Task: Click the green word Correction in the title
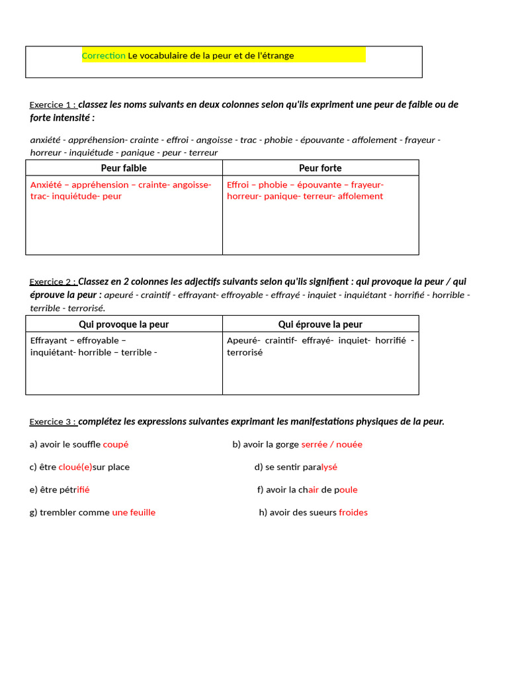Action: click(x=103, y=56)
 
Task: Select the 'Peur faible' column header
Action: click(x=124, y=168)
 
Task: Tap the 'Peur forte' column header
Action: click(x=320, y=168)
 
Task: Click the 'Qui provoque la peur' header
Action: click(x=124, y=324)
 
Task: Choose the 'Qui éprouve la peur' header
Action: click(x=320, y=324)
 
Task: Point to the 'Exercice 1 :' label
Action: click(x=53, y=105)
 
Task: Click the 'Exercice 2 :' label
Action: click(x=53, y=282)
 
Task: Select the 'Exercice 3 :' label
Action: click(x=53, y=422)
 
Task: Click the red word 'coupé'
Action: click(x=116, y=445)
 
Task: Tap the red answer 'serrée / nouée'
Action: click(x=331, y=445)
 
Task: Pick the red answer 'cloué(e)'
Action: click(x=75, y=467)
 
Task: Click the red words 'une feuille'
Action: click(x=134, y=512)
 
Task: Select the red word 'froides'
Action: click(x=353, y=512)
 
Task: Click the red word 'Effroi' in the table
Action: click(x=238, y=185)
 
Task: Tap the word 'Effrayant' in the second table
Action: click(x=50, y=341)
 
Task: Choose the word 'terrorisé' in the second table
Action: click(x=245, y=353)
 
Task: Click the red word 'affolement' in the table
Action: click(x=360, y=197)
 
